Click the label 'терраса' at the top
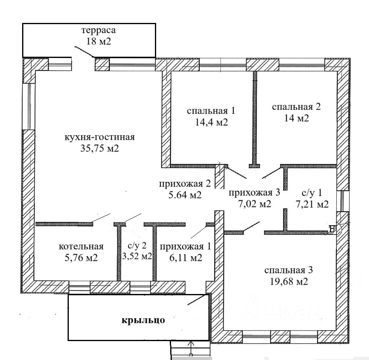tap(98, 31)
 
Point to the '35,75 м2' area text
tap(99, 148)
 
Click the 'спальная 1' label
tap(211, 111)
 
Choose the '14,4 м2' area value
tap(211, 122)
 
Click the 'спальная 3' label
tap(288, 270)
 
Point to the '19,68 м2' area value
tap(288, 281)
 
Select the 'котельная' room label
tap(81, 247)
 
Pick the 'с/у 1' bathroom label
tap(311, 193)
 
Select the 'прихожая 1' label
tap(185, 247)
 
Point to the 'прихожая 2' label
tap(185, 184)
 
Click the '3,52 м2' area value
tap(137, 256)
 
